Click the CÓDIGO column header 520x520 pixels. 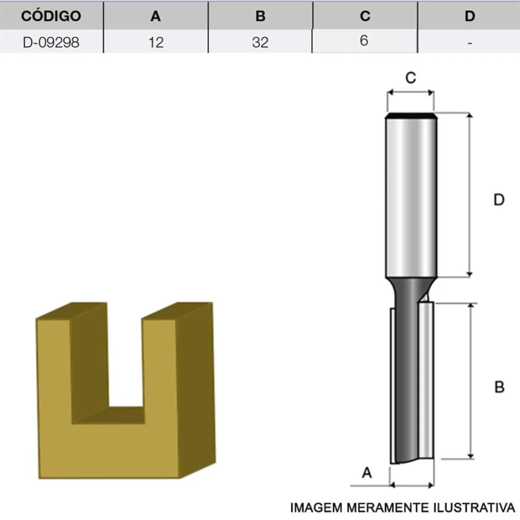click(x=51, y=16)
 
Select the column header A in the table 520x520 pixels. click(x=155, y=16)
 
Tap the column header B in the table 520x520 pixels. click(x=261, y=16)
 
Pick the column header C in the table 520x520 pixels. click(x=365, y=16)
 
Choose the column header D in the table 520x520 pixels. click(x=470, y=16)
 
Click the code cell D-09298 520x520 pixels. click(x=51, y=42)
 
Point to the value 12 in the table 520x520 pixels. click(x=155, y=42)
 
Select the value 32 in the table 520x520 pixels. click(x=261, y=42)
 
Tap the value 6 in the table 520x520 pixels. click(x=364, y=41)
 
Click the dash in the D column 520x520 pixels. click(x=470, y=43)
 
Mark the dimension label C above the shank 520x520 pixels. click(x=410, y=78)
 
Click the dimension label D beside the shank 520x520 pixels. click(x=499, y=200)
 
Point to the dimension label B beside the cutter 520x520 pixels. click(x=499, y=387)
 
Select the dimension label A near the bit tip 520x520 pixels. click(x=367, y=473)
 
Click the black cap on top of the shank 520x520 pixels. click(x=411, y=115)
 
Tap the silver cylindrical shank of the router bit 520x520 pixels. click(x=411, y=198)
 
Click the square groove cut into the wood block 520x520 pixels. click(x=125, y=364)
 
